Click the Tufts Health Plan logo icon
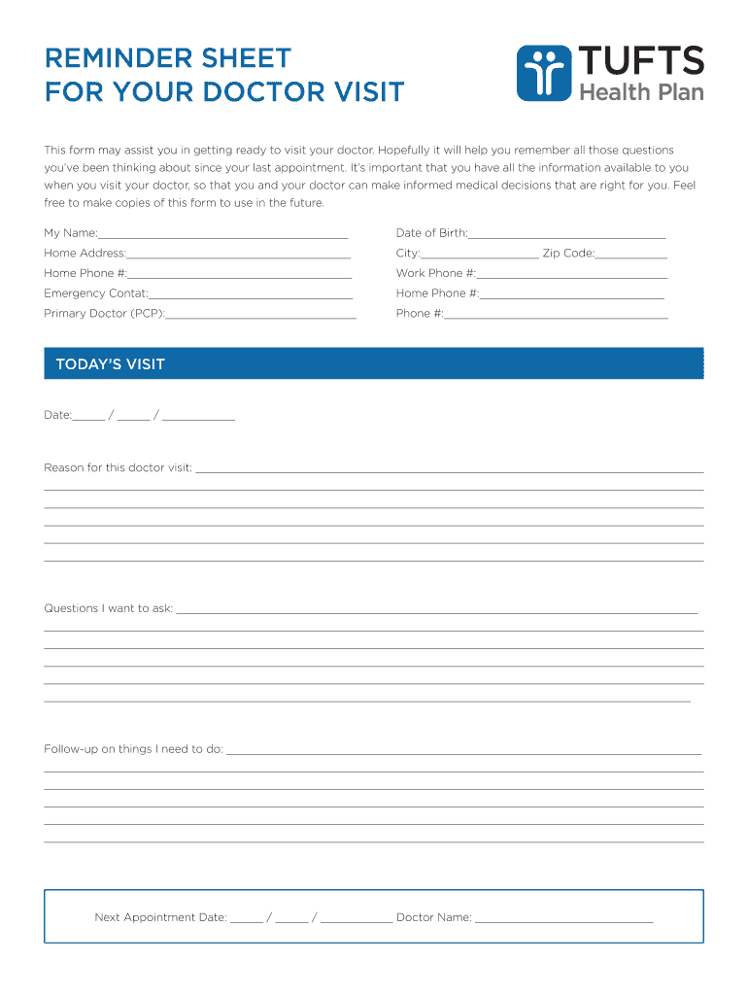544,73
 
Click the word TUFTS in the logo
641,61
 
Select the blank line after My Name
222,235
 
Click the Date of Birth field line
567,235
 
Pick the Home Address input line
239,256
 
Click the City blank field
480,256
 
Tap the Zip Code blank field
631,256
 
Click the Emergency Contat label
95,293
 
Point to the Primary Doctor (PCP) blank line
261,316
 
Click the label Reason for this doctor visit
118,467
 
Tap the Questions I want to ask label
108,608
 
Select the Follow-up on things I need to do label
133,749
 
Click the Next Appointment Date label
160,917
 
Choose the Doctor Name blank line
563,919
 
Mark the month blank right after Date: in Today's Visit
88,418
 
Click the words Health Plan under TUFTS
641,92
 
